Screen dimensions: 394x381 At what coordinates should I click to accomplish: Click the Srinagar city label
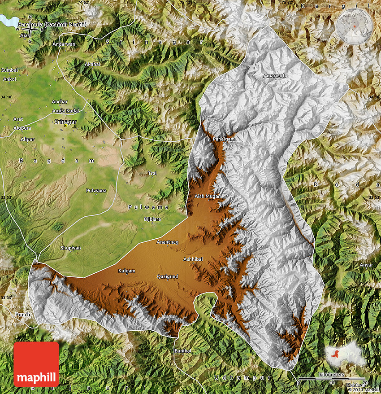[x=65, y=122]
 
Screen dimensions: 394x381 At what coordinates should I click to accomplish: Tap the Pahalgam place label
[x=224, y=139]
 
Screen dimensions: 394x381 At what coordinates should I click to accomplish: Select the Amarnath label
[x=274, y=76]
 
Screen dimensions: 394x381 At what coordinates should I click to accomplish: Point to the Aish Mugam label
[x=208, y=197]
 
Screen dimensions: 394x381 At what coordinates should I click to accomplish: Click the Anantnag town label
[x=167, y=242]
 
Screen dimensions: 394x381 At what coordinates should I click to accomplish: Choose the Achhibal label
[x=193, y=259]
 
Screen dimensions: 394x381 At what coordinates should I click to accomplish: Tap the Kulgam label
[x=126, y=271]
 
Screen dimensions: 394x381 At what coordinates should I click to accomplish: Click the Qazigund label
[x=167, y=276]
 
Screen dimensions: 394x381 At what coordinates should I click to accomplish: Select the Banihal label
[x=182, y=350]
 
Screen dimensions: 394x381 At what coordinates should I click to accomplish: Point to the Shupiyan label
[x=70, y=248]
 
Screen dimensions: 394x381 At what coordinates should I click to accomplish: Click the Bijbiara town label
[x=152, y=219]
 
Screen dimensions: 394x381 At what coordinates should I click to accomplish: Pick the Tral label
[x=152, y=173]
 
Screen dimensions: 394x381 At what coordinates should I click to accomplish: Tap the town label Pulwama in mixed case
[x=96, y=191]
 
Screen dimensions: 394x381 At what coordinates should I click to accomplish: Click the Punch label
[x=22, y=315]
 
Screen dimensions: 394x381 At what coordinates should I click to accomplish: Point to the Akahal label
[x=93, y=64]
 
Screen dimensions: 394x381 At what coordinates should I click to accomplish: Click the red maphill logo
[x=36, y=364]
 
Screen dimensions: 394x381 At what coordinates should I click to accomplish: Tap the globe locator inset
[x=355, y=26]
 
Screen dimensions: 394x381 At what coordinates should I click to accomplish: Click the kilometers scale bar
[x=332, y=380]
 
